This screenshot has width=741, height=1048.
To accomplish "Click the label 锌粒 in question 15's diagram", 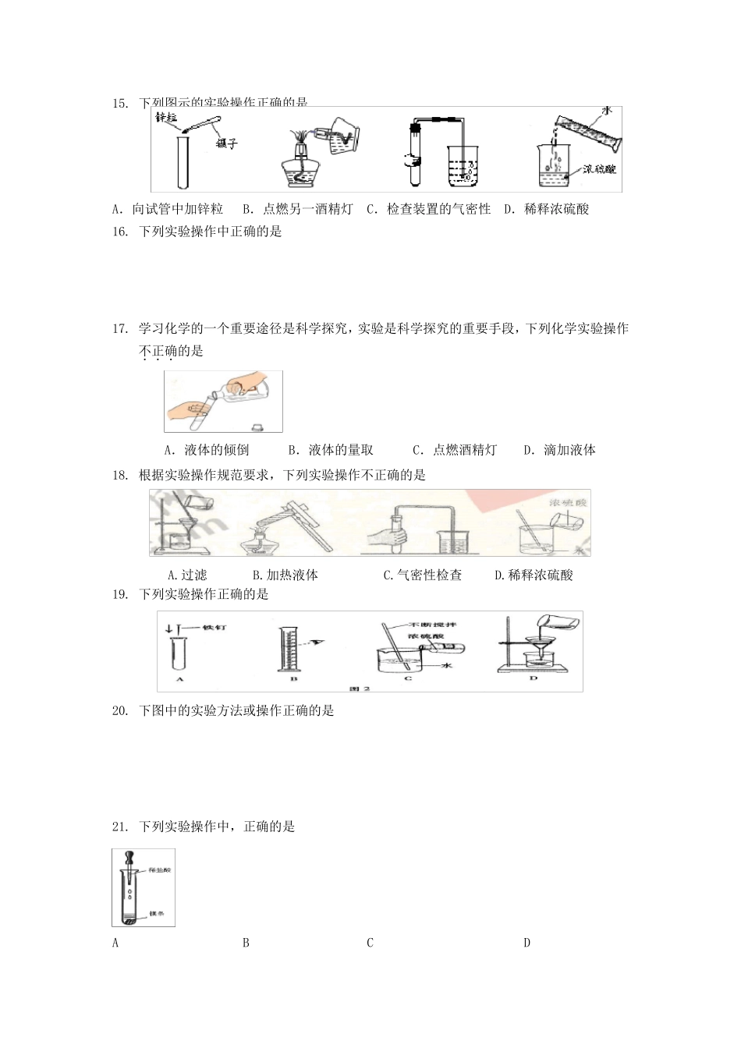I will tap(166, 118).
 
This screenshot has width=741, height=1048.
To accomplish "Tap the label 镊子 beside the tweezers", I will tap(226, 144).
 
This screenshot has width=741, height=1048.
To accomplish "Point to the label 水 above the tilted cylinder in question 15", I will tap(606, 112).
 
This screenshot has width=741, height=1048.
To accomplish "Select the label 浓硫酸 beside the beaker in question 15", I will tap(599, 168).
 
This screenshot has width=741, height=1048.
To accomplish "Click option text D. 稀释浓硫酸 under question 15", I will tap(546, 209).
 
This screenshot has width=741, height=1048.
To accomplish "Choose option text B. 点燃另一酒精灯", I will tap(298, 209).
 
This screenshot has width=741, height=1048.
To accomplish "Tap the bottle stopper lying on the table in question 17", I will tap(257, 427).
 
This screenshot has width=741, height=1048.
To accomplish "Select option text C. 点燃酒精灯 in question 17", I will tap(455, 450).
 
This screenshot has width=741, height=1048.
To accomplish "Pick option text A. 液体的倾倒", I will tap(207, 450).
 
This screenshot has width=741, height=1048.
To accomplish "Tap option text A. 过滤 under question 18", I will tap(187, 575).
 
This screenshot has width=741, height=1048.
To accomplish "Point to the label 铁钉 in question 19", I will tap(213, 628).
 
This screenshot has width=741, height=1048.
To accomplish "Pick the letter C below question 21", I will tap(370, 943).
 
